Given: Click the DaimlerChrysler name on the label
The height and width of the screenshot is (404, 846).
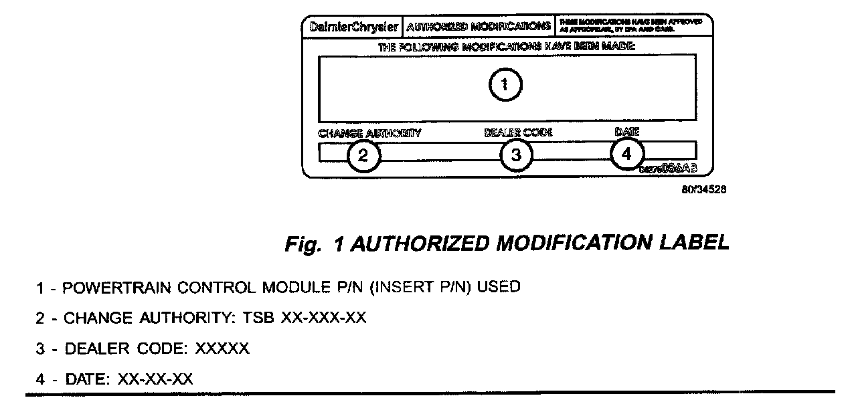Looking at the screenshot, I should [355, 27].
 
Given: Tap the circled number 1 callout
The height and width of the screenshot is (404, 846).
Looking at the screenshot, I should [505, 85].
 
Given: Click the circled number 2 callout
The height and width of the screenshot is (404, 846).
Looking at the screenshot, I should [363, 155].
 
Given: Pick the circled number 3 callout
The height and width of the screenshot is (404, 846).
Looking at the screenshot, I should [516, 155].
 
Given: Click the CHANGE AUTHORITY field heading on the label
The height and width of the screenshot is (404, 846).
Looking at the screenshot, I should [369, 133].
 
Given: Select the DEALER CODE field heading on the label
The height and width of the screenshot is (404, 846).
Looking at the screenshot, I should [519, 132].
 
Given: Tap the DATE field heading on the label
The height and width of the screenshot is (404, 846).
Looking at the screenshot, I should [627, 132].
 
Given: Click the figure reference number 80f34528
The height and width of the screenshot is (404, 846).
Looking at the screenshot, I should [704, 189].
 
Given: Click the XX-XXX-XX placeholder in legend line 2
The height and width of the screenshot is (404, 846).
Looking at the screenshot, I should [324, 318].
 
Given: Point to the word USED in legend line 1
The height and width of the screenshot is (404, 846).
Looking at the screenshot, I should [501, 288].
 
